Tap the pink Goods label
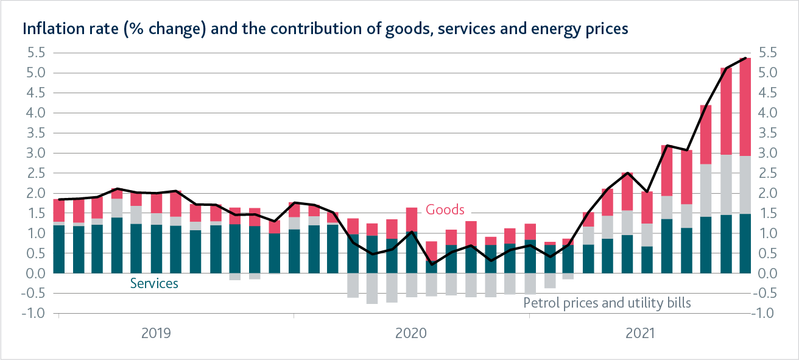coord(445,210)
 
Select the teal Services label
coord(154,283)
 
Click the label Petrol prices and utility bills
coord(607,302)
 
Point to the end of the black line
coord(745,58)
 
